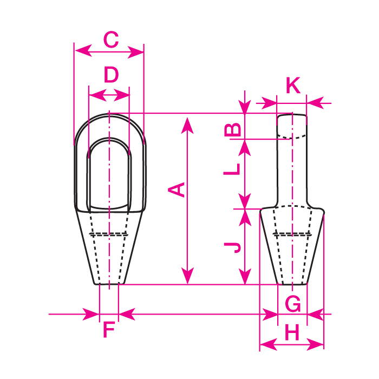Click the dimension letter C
point(111,39)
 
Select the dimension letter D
point(111,75)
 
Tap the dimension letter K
point(293,85)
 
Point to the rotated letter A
point(177,190)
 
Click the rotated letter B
point(232,130)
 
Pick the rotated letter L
point(232,169)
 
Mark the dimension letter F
point(109,330)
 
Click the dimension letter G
point(293,304)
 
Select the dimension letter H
point(292,332)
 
